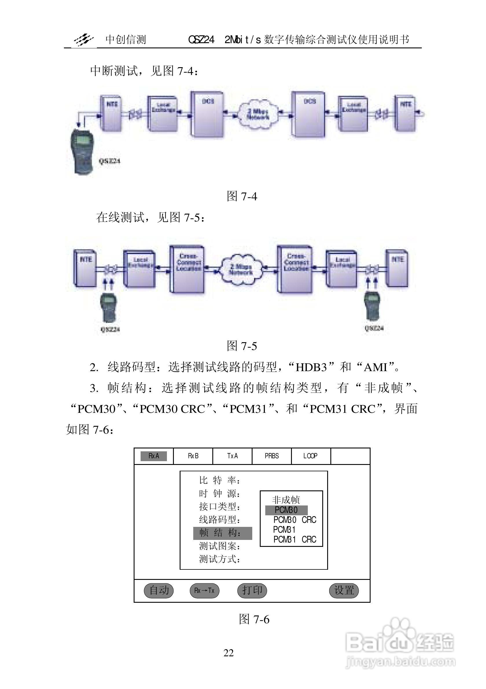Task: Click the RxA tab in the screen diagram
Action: point(154,456)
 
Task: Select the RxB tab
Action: point(193,456)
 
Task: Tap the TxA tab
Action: point(232,456)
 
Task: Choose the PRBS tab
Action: point(272,456)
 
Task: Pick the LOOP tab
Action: point(310,456)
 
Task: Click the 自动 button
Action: point(159,591)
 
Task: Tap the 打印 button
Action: point(252,591)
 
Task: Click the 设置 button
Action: point(344,591)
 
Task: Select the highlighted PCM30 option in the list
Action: point(286,510)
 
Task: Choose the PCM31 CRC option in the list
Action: point(295,539)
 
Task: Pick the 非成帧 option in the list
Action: point(286,500)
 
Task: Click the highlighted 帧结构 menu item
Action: point(222,533)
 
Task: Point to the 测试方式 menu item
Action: point(220,559)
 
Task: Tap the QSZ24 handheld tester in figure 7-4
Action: point(82,151)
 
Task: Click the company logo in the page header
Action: point(84,40)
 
